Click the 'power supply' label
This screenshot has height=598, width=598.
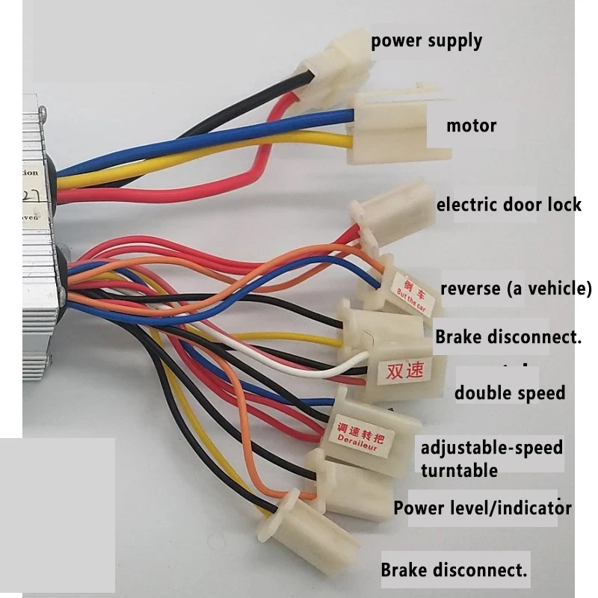(426, 40)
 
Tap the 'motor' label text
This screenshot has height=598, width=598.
(471, 125)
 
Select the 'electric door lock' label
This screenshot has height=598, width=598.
(508, 203)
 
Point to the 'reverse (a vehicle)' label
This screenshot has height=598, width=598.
(516, 289)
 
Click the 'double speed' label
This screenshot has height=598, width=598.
(510, 392)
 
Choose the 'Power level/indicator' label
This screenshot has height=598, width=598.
(482, 508)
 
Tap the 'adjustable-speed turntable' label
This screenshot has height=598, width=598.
(491, 459)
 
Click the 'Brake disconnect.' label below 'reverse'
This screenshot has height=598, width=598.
(508, 336)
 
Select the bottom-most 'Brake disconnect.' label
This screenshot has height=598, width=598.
(454, 570)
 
